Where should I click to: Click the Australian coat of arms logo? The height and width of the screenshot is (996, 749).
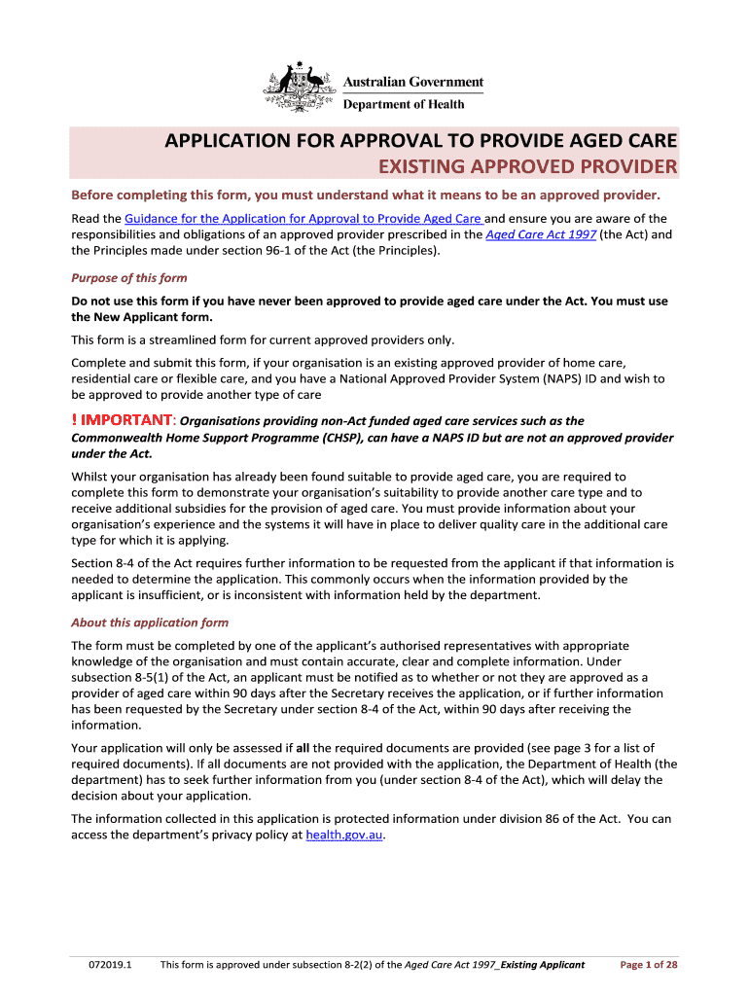point(300,88)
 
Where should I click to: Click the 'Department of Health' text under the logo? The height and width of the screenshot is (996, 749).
point(404,104)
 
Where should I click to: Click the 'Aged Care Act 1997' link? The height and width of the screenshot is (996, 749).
point(541,234)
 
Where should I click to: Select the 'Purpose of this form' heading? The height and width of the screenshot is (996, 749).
point(129,278)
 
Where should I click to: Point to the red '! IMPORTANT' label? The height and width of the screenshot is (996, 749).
point(123,420)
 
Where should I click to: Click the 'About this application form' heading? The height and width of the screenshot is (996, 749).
point(150,622)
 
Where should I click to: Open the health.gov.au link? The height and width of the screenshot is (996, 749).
point(344,835)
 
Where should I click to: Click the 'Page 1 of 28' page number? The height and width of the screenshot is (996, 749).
point(649,965)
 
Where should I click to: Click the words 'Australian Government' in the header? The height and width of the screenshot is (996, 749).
point(412,83)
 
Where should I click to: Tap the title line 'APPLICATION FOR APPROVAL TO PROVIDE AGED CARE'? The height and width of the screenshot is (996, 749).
point(420,140)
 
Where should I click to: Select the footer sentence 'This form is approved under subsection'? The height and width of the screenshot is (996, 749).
point(281,965)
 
